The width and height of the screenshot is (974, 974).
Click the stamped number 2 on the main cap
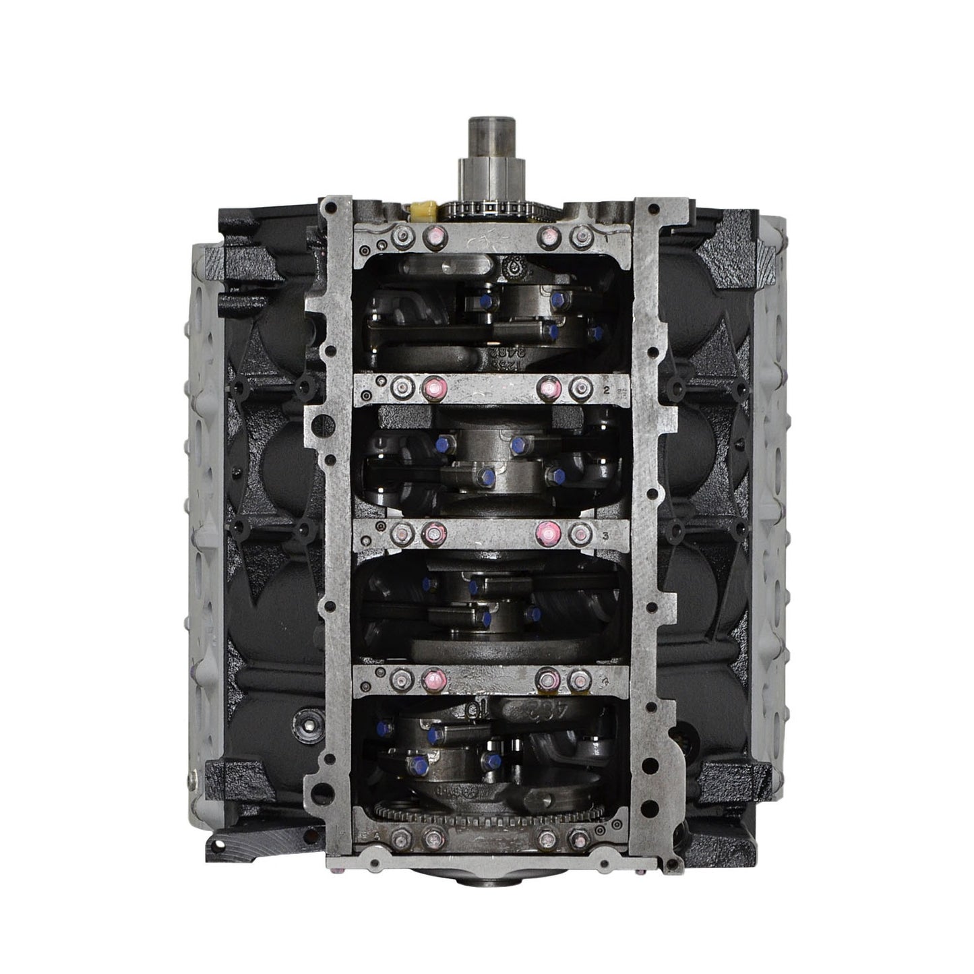click(x=607, y=390)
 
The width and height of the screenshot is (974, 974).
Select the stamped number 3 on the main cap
click(x=607, y=535)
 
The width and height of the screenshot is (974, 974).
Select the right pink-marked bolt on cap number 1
click(x=547, y=235)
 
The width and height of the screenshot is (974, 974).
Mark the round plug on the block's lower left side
click(x=307, y=725)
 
